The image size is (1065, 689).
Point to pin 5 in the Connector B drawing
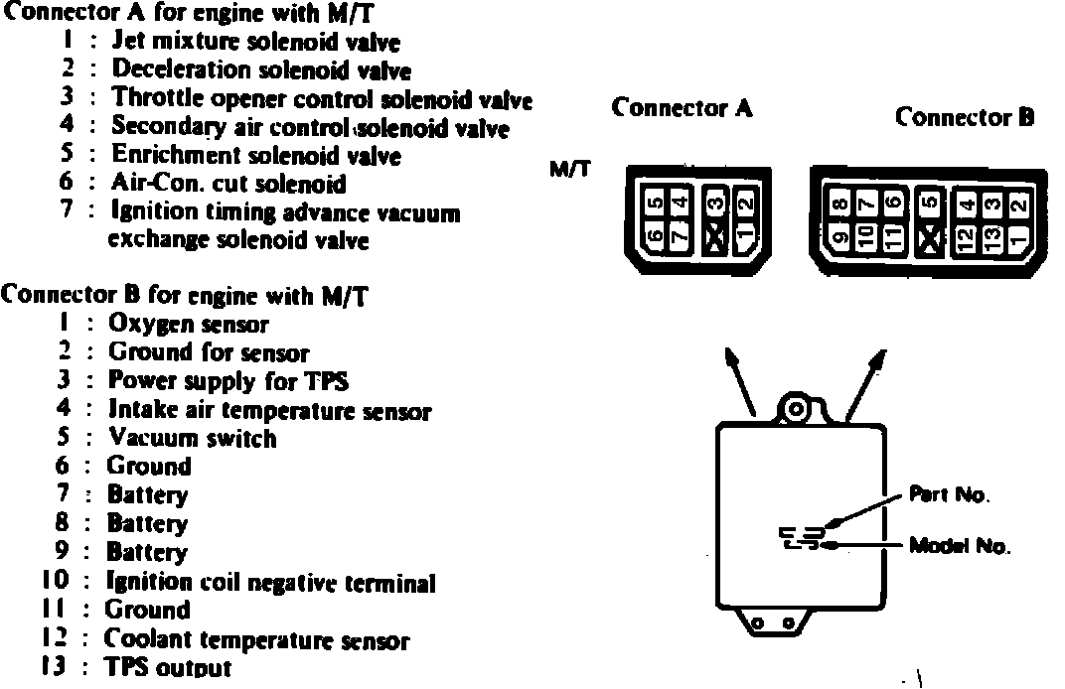(928, 206)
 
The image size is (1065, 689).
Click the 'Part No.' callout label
(949, 493)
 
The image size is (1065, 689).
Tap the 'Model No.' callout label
(959, 546)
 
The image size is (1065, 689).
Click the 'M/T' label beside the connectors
(569, 169)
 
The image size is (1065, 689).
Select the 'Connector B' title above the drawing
(965, 117)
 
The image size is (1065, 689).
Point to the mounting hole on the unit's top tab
(796, 407)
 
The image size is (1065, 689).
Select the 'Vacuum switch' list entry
(194, 438)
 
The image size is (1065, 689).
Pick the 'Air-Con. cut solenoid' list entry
(228, 184)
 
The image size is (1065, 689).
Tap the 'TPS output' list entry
(168, 668)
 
